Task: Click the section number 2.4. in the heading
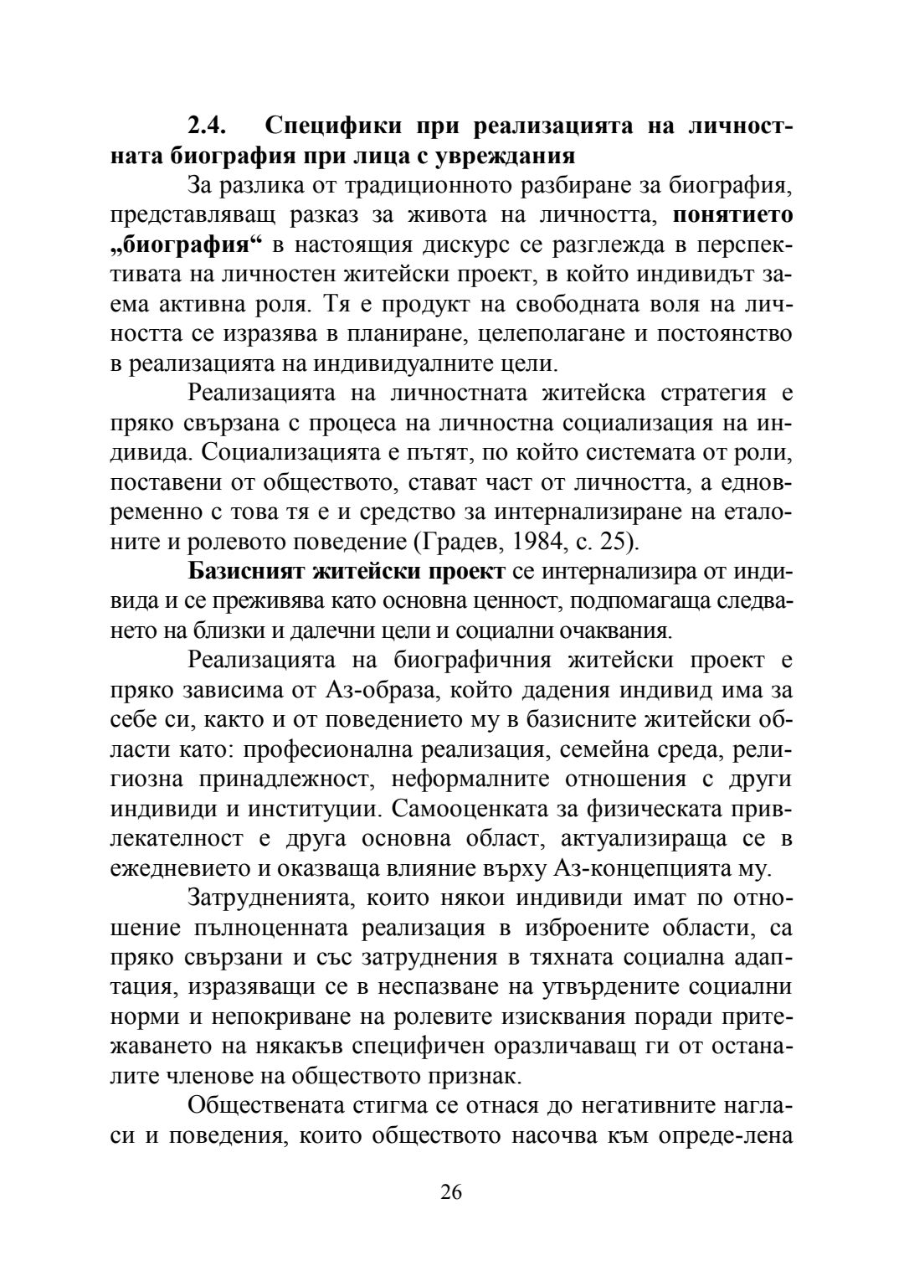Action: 205,126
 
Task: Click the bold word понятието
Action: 733,215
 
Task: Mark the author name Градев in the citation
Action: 469,542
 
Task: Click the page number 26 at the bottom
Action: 451,1192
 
